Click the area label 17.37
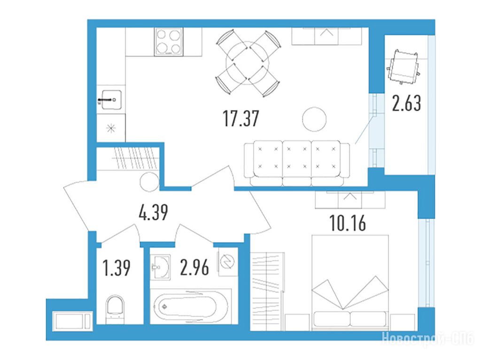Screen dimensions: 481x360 tap(241, 119)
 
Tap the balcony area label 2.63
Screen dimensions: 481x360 tap(406, 103)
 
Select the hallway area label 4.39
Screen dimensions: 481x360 tap(154, 213)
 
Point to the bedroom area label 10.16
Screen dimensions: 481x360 tap(348, 223)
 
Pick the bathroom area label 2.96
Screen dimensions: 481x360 tap(195, 267)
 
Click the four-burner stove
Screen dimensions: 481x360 tap(169, 42)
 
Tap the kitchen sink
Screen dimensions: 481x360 tap(111, 100)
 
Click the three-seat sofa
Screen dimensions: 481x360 tap(297, 163)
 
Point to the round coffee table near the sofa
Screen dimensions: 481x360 tap(314, 119)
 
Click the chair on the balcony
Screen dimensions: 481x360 tap(403, 67)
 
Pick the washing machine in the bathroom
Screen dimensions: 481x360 tap(228, 261)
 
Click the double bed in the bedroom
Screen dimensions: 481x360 tap(350, 283)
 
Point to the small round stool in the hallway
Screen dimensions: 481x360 tap(149, 182)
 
